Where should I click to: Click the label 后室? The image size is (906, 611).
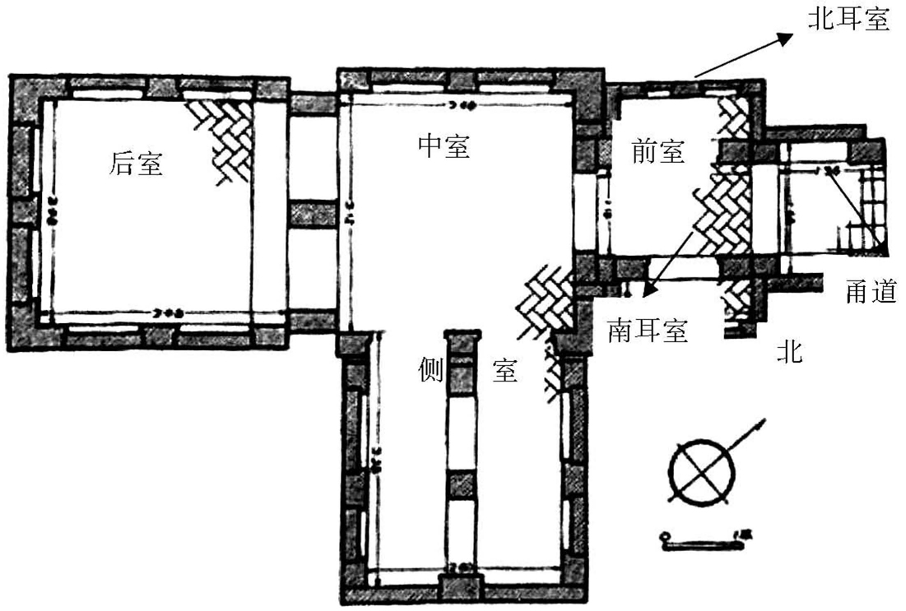[137, 164]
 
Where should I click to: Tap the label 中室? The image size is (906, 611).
[444, 146]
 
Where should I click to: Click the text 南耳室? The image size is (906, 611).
[648, 331]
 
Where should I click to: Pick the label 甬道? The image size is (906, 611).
[869, 291]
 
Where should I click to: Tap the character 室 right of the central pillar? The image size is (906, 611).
[504, 372]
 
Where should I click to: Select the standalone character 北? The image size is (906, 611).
[790, 354]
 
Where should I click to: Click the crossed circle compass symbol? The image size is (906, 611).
[702, 473]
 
